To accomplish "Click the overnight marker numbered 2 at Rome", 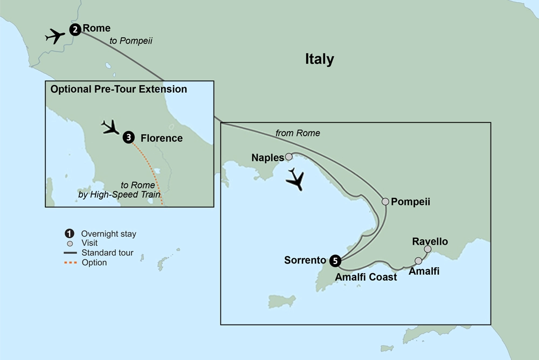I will click(75, 30).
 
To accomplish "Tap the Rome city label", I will click(97, 28).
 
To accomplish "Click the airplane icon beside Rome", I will click(56, 37).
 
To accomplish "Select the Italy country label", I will click(320, 59).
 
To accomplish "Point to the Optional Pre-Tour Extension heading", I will click(119, 89).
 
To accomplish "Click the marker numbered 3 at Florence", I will click(128, 138).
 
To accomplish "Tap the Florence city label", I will click(161, 139).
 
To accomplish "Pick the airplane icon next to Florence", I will click(112, 127).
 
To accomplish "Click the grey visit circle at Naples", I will click(289, 157).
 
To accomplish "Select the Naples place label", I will click(267, 158).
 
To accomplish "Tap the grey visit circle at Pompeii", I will click(385, 202).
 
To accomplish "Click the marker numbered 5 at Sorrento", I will click(335, 261).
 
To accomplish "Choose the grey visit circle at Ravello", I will click(427, 249).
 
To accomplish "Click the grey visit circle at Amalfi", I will click(418, 261).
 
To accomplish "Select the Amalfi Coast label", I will click(365, 277).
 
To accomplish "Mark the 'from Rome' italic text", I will click(298, 133).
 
